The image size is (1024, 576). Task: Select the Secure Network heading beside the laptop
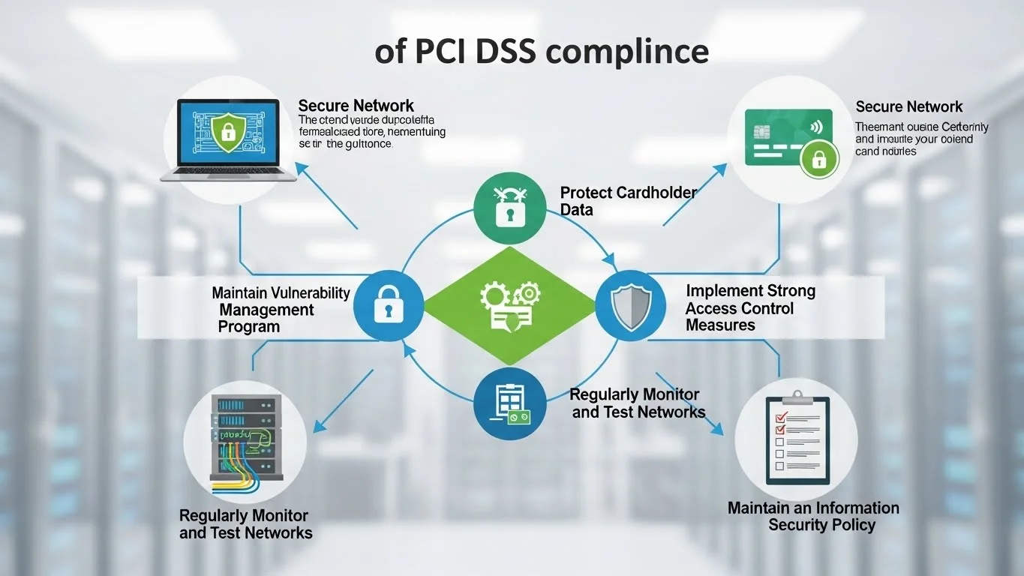356,106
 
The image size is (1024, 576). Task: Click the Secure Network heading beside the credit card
908,106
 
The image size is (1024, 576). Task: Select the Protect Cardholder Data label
628,201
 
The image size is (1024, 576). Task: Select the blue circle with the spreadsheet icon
509,403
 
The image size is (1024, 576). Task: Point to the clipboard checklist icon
797,440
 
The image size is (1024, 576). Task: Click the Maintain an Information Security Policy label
813,516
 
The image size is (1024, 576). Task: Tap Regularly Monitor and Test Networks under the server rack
245,524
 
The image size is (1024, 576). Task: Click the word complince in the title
628,52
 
